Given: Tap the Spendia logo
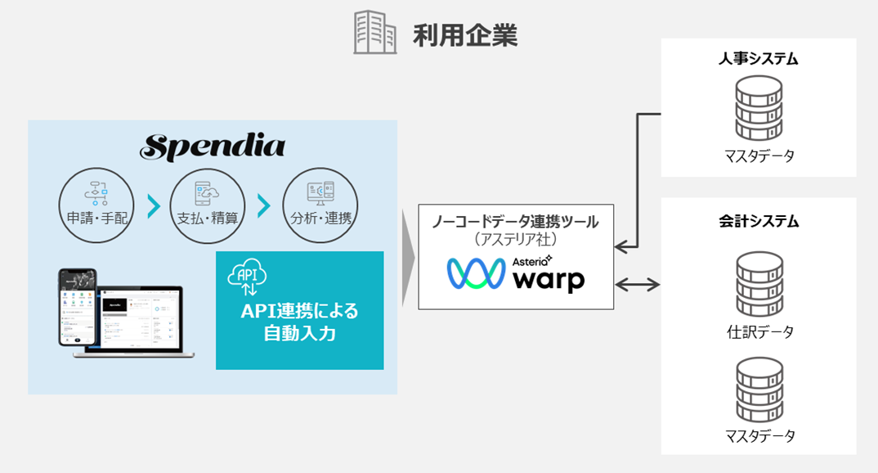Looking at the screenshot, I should pyautogui.click(x=213, y=147).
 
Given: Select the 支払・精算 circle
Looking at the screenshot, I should pyautogui.click(x=208, y=205).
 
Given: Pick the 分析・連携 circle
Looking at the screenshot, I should pyautogui.click(x=320, y=205).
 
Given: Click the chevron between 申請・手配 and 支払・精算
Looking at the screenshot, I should pyautogui.click(x=152, y=206).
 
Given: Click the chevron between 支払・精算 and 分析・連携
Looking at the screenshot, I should pyautogui.click(x=264, y=206).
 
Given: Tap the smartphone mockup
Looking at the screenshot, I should pyautogui.click(x=78, y=307).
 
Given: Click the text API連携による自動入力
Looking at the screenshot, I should pyautogui.click(x=299, y=322).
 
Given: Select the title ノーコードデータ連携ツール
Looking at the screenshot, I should pyautogui.click(x=515, y=220).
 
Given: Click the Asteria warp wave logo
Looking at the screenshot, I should pyautogui.click(x=474, y=274).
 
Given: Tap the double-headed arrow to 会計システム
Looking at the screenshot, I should pyautogui.click(x=638, y=285).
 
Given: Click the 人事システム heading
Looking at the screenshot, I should pyautogui.click(x=759, y=59).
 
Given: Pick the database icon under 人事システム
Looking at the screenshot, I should pyautogui.click(x=759, y=106).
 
